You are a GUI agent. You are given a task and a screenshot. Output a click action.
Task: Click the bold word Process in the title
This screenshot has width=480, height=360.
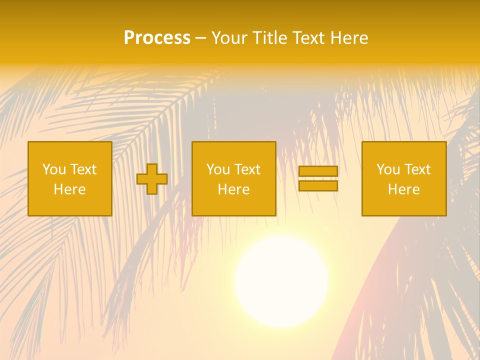click(157, 38)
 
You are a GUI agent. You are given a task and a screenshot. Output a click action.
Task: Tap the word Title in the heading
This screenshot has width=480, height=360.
click(269, 38)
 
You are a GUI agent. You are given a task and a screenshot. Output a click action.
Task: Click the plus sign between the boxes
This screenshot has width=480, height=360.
click(152, 179)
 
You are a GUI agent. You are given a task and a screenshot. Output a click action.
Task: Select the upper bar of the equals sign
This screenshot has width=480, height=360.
click(318, 171)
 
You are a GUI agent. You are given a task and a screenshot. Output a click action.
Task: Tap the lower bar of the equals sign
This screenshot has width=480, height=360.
click(318, 186)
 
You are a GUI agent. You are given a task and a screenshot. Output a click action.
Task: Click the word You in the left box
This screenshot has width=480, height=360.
click(53, 169)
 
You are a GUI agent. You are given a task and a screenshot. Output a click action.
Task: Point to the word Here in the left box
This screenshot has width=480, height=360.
click(69, 189)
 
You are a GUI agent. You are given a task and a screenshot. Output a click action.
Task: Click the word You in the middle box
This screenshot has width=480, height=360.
click(217, 169)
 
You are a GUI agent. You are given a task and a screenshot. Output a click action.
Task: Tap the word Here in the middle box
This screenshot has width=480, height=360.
click(233, 189)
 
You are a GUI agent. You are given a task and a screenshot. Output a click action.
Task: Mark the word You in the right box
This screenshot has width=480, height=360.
click(387, 169)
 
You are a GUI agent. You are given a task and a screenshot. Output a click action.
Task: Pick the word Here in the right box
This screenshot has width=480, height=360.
click(403, 189)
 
